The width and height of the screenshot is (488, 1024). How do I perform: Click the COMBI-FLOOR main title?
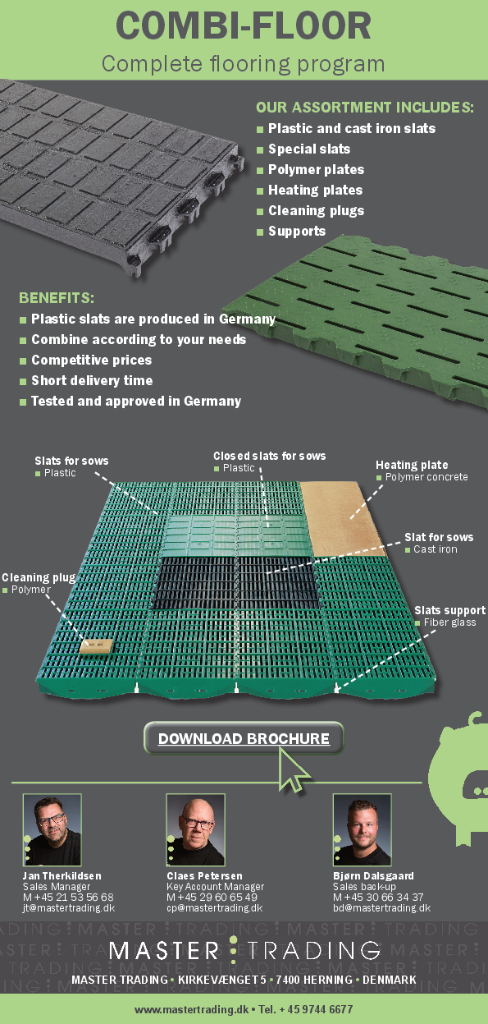tap(244, 26)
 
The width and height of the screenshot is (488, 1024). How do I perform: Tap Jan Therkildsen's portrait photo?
tap(52, 830)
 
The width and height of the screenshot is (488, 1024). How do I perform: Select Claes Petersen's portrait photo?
tap(195, 830)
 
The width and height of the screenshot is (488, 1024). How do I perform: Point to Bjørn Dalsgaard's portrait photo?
tap(362, 830)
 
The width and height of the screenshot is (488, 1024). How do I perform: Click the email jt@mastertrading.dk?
tap(69, 908)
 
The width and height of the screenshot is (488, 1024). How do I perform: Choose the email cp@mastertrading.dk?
tap(214, 908)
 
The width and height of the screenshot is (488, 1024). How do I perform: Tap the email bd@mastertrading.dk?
tap(381, 908)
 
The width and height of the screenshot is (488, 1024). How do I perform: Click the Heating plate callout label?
tap(412, 466)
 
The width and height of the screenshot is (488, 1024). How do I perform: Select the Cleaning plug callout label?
tap(39, 578)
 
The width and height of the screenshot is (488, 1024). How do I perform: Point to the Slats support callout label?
tap(449, 611)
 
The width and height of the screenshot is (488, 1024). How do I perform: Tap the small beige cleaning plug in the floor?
tap(95, 646)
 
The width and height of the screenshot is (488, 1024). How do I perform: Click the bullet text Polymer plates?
tap(316, 170)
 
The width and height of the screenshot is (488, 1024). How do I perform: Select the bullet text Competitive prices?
tap(91, 360)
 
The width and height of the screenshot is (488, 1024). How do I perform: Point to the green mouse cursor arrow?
tap(293, 769)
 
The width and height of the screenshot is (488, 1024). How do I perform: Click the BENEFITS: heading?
tap(57, 297)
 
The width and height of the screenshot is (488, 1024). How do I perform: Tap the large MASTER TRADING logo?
tap(244, 951)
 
